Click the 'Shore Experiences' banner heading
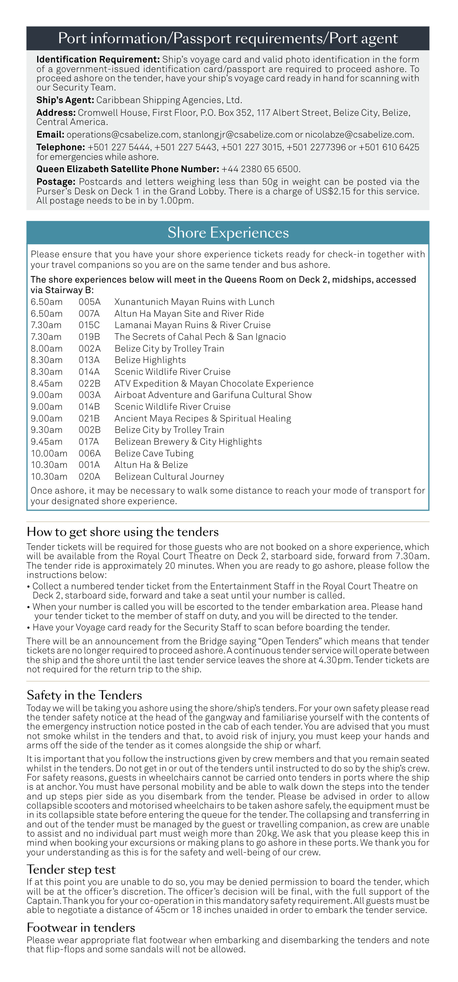(228, 233)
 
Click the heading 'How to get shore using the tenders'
(123, 532)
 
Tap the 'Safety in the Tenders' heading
(84, 695)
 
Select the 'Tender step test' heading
(71, 869)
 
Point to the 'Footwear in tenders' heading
(81, 927)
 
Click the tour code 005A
(90, 302)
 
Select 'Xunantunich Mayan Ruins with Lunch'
(194, 302)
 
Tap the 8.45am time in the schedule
(47, 384)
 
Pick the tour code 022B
(90, 384)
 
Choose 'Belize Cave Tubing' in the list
(154, 453)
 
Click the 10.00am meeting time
(49, 453)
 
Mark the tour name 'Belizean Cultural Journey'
(169, 477)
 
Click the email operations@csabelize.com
(123, 135)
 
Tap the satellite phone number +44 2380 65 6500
(260, 169)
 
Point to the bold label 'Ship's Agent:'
(65, 100)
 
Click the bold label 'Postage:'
(56, 182)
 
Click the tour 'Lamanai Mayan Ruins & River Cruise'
(192, 325)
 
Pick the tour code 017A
(89, 442)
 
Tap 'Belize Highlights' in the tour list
(150, 360)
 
